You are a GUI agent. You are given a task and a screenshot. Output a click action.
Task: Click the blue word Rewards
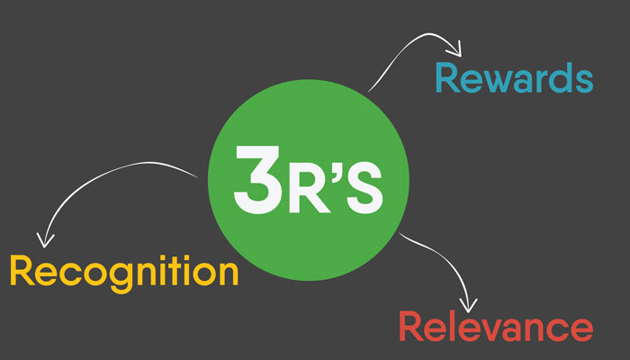coord(514,77)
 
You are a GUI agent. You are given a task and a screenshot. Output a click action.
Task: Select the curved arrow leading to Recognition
coord(99,184)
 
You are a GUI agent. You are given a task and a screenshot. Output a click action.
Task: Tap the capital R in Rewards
coord(447,77)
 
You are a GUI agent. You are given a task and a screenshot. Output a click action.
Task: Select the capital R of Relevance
coord(412,326)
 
